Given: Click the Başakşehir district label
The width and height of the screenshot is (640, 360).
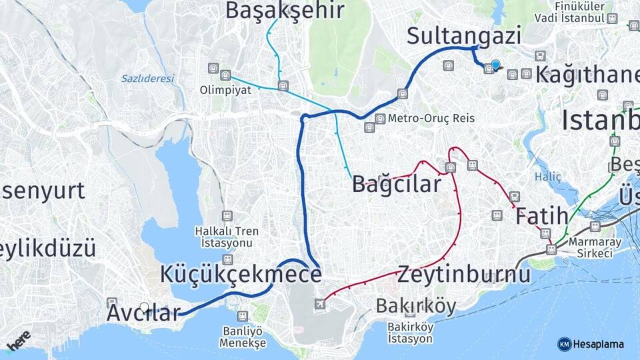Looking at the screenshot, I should coord(285,10).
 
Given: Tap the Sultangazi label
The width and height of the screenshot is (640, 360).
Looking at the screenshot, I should coord(464,35).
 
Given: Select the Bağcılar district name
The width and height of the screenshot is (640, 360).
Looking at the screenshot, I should coord(397,183).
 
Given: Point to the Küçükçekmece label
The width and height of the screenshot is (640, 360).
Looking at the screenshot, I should coord(241,274).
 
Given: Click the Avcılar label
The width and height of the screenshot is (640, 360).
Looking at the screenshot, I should coord(143,313).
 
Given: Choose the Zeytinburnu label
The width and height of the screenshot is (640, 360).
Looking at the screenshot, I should coord(464,274).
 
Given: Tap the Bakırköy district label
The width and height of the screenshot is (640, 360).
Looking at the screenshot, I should coord(416,306).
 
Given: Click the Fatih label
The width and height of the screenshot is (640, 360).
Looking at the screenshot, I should coord(541,215).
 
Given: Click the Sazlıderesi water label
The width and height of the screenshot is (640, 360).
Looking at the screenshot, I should coord(147,79).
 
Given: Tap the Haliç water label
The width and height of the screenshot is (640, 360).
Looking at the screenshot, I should coord(548,177).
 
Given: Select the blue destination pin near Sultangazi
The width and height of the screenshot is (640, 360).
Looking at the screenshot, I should coord(495,65).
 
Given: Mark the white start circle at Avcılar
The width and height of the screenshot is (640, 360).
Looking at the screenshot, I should coord(145,307).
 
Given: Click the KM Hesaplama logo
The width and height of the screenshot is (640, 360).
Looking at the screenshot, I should coord(591,344).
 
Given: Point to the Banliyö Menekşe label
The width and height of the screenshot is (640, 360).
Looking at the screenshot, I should coord(243,337).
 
